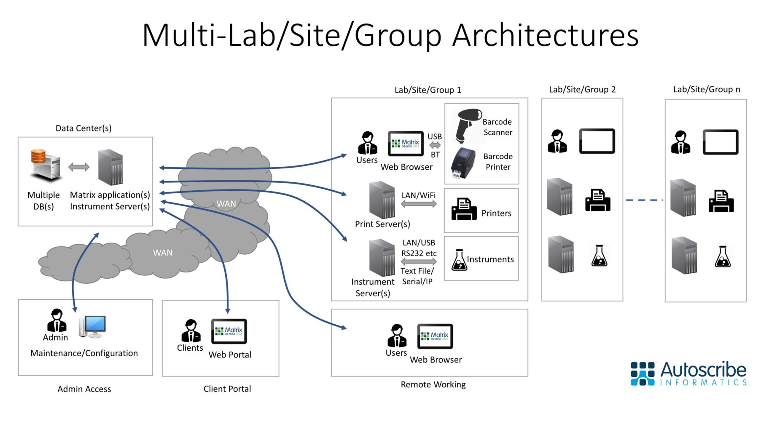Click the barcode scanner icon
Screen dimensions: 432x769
tap(467, 125)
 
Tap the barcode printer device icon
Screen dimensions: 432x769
tap(463, 163)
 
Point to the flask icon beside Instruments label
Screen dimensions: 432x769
tap(459, 260)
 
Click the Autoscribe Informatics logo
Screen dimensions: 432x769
tap(688, 373)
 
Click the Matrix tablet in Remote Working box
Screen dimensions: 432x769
tap(435, 336)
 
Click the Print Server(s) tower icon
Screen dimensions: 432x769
tap(382, 200)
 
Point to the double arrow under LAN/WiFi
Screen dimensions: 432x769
tap(418, 204)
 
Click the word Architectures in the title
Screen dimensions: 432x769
tap(545, 35)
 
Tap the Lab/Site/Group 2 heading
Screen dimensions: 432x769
tap(582, 89)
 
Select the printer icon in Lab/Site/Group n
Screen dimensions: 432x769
tap(721, 201)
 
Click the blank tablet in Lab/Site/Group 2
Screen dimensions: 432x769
tap(597, 141)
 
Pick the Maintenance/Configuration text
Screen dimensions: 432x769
tap(84, 353)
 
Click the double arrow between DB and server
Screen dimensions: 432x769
tap(79, 167)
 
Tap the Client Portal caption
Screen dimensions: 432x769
tap(227, 389)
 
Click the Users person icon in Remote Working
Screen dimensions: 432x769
tap(396, 336)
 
